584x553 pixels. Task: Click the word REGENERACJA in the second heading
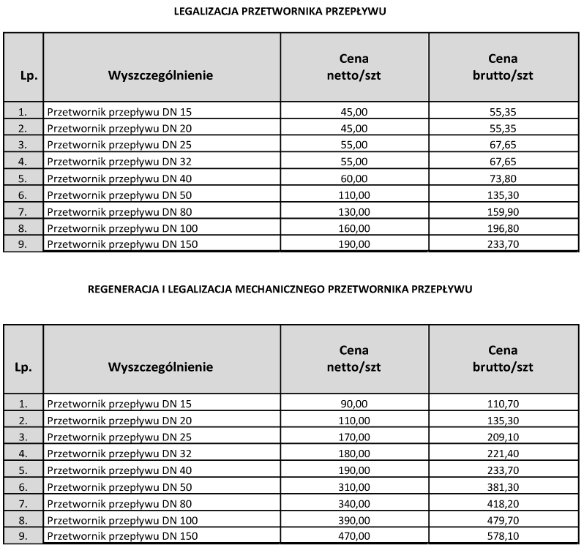(x=117, y=289)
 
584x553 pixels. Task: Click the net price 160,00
(x=354, y=228)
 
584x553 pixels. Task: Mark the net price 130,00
(x=354, y=211)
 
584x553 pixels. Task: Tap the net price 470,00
(x=354, y=536)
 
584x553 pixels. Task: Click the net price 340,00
(x=354, y=503)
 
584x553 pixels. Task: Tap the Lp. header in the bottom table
(x=23, y=367)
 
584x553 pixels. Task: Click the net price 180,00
(x=354, y=454)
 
